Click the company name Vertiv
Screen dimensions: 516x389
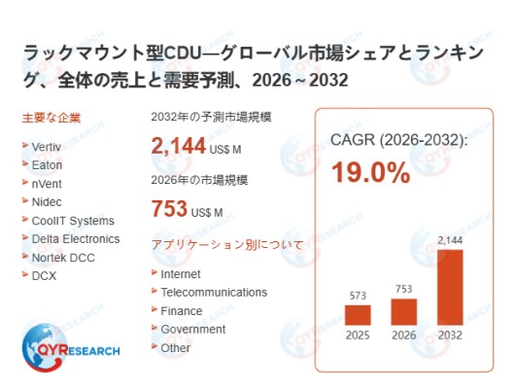click(46, 147)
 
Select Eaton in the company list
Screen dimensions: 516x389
click(47, 165)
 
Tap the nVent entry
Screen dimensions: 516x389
click(47, 184)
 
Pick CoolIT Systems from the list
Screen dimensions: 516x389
click(73, 221)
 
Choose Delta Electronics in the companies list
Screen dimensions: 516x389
click(76, 239)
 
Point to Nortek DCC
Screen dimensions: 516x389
click(63, 258)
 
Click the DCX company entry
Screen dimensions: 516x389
click(44, 275)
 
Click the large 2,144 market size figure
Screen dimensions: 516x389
click(179, 146)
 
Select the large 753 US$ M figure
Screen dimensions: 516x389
click(187, 209)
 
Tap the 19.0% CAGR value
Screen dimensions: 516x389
click(371, 173)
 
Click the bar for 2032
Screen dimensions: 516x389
click(450, 287)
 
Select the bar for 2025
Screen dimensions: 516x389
click(358, 315)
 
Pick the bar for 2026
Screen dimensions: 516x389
click(404, 312)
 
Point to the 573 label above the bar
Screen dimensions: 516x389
click(358, 296)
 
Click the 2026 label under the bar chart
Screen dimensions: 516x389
click(404, 336)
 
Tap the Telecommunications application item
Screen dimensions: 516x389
click(214, 292)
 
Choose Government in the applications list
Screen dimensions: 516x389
click(192, 329)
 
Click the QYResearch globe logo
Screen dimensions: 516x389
click(45, 347)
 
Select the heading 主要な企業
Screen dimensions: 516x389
click(52, 118)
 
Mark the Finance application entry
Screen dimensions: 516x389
click(182, 311)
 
